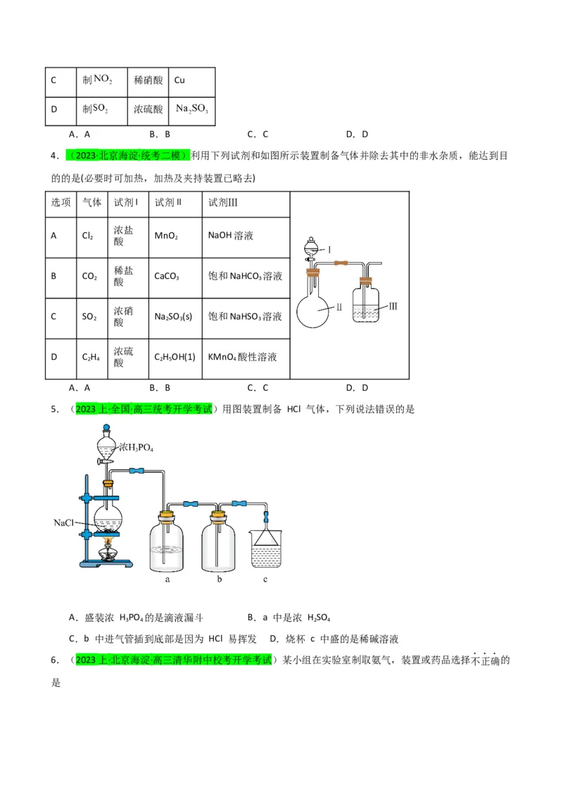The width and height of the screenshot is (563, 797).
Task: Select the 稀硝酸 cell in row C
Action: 148,80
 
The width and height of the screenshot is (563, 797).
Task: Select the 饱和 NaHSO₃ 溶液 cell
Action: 245,317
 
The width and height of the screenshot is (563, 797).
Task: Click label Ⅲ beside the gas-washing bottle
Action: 393,307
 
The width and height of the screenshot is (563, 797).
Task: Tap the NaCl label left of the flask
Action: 64,523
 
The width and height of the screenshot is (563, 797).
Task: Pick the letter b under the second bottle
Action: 220,579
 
